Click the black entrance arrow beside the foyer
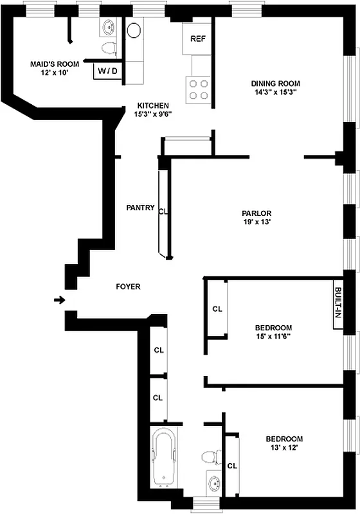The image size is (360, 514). click(x=59, y=299)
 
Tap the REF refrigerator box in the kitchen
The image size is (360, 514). click(x=197, y=39)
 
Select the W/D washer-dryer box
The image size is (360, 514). click(x=107, y=71)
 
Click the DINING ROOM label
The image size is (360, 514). click(x=275, y=84)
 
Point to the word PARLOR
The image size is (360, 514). click(x=256, y=213)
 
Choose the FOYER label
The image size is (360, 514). click(x=128, y=287)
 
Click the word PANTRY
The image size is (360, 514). click(x=140, y=208)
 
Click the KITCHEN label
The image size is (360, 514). click(x=153, y=105)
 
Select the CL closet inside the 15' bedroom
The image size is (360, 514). click(x=217, y=309)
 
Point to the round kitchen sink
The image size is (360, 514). click(x=134, y=30)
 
